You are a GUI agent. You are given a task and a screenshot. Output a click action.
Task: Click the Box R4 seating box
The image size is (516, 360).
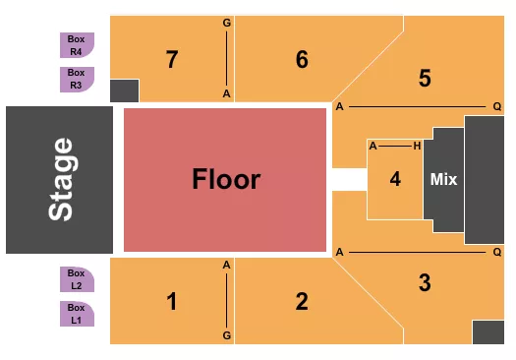77,45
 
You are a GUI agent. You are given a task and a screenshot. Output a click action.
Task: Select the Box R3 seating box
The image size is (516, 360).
77,79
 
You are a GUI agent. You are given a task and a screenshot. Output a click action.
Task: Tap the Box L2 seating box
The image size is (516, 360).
77,279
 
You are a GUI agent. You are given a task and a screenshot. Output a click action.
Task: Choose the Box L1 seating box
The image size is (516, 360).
77,314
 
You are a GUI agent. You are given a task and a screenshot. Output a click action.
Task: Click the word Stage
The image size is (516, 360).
61,179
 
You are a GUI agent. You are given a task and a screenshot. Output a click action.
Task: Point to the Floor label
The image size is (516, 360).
226,179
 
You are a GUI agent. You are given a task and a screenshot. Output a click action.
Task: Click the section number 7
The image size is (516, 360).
172,59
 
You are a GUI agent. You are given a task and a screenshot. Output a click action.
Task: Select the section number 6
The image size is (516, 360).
302,59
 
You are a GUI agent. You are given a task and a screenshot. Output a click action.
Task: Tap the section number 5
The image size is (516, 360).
425,78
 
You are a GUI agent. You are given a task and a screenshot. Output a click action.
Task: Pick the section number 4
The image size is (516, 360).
395,179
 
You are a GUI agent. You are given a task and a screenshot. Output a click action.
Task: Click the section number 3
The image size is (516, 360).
425,283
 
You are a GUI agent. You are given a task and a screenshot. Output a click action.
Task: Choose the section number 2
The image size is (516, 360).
302,301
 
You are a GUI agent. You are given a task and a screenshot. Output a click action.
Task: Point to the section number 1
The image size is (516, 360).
172,301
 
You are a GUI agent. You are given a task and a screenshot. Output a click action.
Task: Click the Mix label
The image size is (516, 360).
443,180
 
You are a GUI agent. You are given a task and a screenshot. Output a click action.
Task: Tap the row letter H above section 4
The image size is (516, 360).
418,146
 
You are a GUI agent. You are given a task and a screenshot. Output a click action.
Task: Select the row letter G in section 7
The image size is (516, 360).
227,22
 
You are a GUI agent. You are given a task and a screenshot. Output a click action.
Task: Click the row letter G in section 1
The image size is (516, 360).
227,335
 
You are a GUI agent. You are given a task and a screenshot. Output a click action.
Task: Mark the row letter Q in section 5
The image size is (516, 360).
497,105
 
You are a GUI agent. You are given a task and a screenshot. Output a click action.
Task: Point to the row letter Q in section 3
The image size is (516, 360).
497,252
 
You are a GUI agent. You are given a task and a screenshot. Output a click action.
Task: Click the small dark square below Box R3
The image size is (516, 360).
125,91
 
